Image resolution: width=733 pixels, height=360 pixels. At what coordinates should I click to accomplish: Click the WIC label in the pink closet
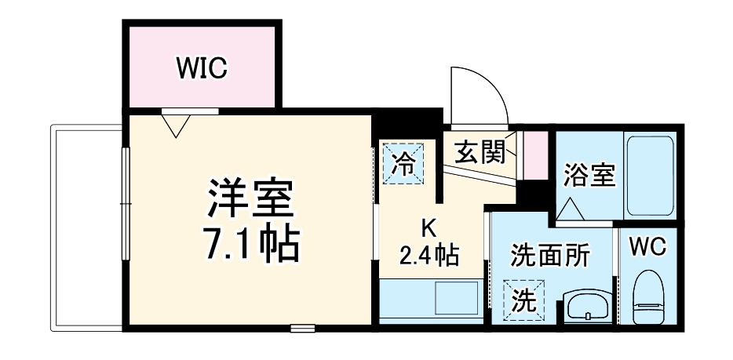201,68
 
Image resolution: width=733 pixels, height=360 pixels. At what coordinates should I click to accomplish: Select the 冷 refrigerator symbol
403,163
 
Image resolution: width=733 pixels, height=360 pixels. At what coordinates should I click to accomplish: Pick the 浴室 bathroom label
588,175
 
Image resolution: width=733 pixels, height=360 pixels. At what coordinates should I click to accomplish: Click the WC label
648,246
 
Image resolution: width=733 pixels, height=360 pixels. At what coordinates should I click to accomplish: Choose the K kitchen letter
428,227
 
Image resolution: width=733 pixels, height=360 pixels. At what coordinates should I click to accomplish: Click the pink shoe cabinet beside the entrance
535,155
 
